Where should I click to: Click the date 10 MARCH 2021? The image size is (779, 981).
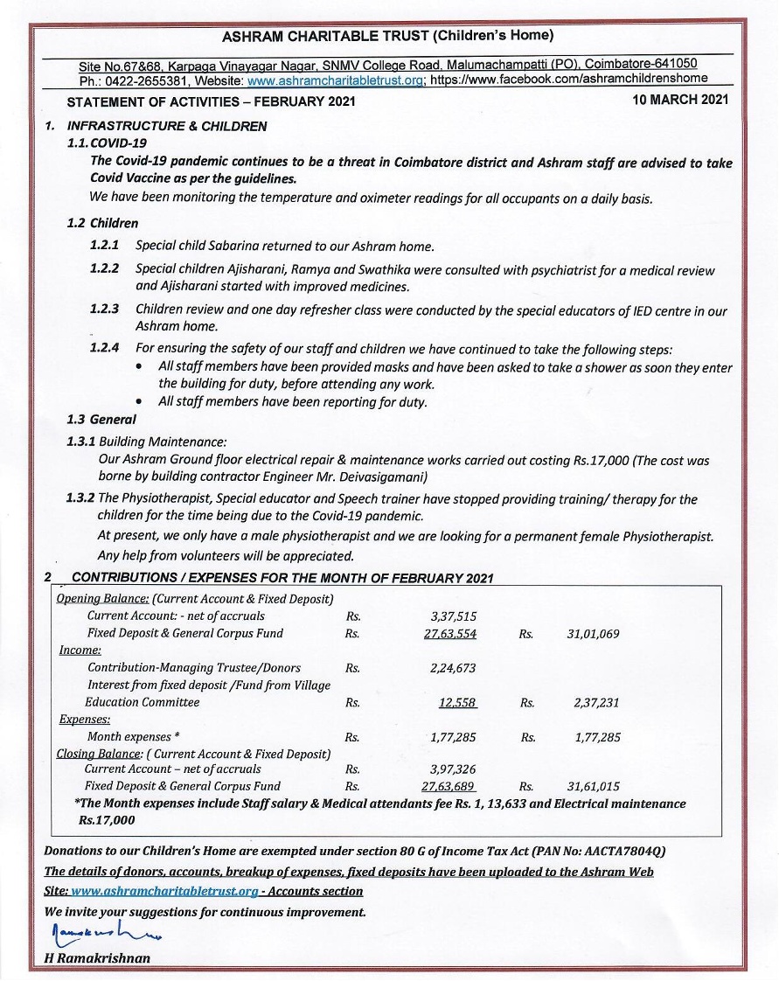680,101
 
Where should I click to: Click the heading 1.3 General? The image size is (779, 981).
101,420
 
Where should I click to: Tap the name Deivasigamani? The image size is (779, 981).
382,477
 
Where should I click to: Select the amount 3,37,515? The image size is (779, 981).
453,616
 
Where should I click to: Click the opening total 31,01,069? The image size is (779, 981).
593,633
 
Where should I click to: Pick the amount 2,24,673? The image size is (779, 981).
453,668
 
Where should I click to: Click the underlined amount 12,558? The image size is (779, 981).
458,702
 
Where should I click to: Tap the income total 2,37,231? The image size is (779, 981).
597,702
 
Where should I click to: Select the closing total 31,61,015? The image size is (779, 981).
593,787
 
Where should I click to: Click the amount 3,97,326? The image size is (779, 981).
453,769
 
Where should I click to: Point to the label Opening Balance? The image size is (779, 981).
102,599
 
